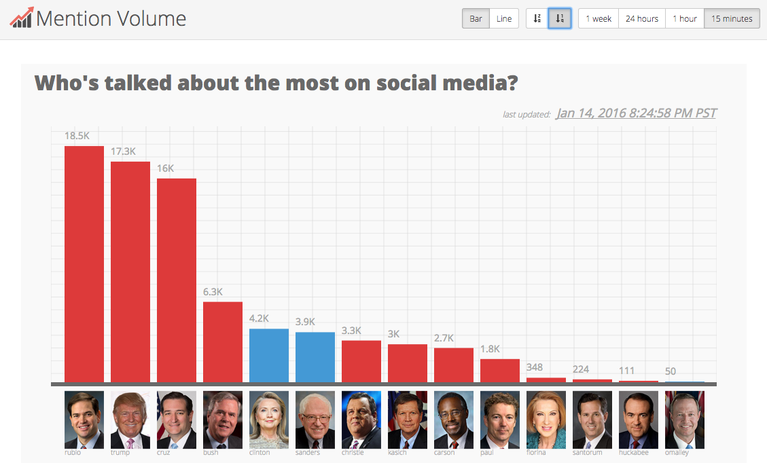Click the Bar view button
click(476, 18)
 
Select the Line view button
click(504, 18)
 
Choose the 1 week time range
click(599, 18)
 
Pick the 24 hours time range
click(642, 18)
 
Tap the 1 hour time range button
click(685, 18)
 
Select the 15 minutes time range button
click(732, 18)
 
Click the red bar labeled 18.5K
click(84, 264)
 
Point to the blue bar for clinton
click(269, 356)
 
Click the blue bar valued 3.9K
click(315, 357)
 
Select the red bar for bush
click(223, 342)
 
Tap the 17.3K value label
click(123, 151)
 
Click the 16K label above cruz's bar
click(165, 168)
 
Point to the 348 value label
click(535, 367)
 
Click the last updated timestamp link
click(636, 113)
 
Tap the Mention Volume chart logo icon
click(21, 18)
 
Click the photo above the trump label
click(130, 420)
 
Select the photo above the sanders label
click(315, 420)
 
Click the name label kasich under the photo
click(397, 453)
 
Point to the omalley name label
click(677, 453)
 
